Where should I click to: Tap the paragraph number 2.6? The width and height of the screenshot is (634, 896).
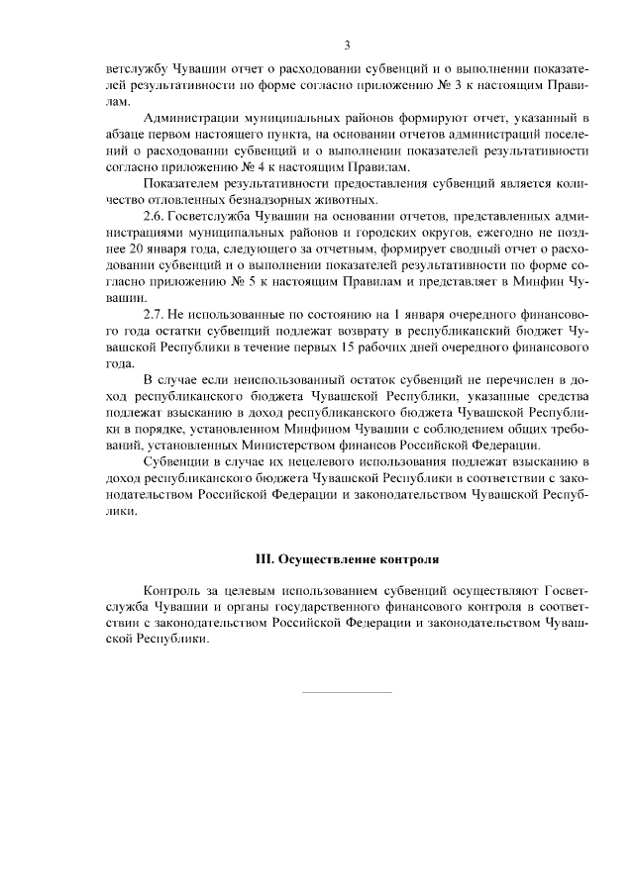[158, 215]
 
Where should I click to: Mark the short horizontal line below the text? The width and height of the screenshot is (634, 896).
[347, 691]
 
